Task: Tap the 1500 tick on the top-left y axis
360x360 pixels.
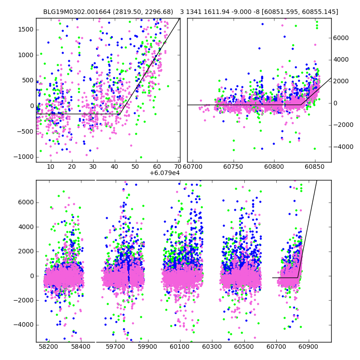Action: (x=25, y=29)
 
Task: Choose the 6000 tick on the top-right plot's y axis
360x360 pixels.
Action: (x=341, y=38)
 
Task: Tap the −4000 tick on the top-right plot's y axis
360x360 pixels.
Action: (x=342, y=146)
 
